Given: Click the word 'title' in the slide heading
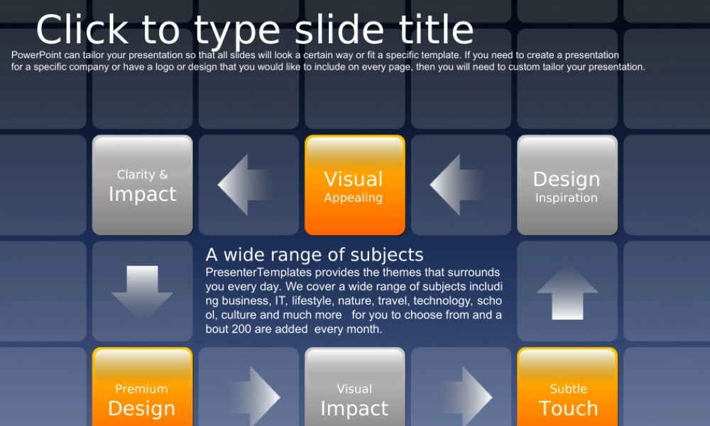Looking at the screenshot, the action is (x=436, y=29).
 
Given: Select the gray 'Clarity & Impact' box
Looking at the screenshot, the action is (x=142, y=185).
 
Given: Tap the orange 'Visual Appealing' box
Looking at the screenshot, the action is (x=354, y=185).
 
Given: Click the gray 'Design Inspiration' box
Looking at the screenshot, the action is (x=567, y=185).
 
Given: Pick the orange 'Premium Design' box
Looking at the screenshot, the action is (x=142, y=387).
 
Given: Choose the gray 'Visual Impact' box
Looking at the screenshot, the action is (x=354, y=387).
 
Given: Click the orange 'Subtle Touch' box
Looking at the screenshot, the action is (x=567, y=387).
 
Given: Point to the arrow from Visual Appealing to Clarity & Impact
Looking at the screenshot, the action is (x=244, y=185).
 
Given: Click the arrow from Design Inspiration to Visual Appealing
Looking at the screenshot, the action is (x=457, y=185).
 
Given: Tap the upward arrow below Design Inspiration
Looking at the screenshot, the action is (x=567, y=293).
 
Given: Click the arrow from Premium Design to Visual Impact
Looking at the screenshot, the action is (x=254, y=397).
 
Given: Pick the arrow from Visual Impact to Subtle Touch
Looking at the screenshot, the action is (x=466, y=397).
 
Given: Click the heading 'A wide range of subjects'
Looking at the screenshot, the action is (x=315, y=255).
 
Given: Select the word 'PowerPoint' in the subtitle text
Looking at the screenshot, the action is (x=36, y=55).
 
